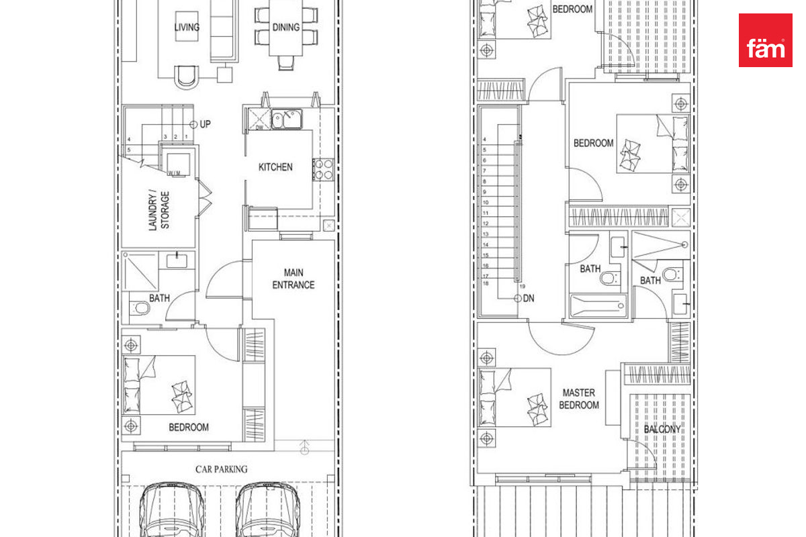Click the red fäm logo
pos(765,40)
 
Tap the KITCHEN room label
pos(275,167)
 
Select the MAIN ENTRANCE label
pos(294,279)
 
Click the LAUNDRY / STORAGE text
pos(159,210)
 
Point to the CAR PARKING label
pos(221,469)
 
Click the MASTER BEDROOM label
pos(579,399)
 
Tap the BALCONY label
pos(662,429)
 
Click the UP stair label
pos(205,124)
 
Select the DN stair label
pos(528,298)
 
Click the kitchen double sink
pos(286,119)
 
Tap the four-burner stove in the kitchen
pos(324,170)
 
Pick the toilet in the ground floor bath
pos(139,308)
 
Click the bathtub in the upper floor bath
pos(598,306)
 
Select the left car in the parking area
pos(172,510)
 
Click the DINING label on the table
pos(286,28)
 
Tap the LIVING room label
pos(187,28)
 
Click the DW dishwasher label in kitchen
pos(259,128)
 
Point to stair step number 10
pos(486,203)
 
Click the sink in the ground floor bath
pos(177,260)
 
